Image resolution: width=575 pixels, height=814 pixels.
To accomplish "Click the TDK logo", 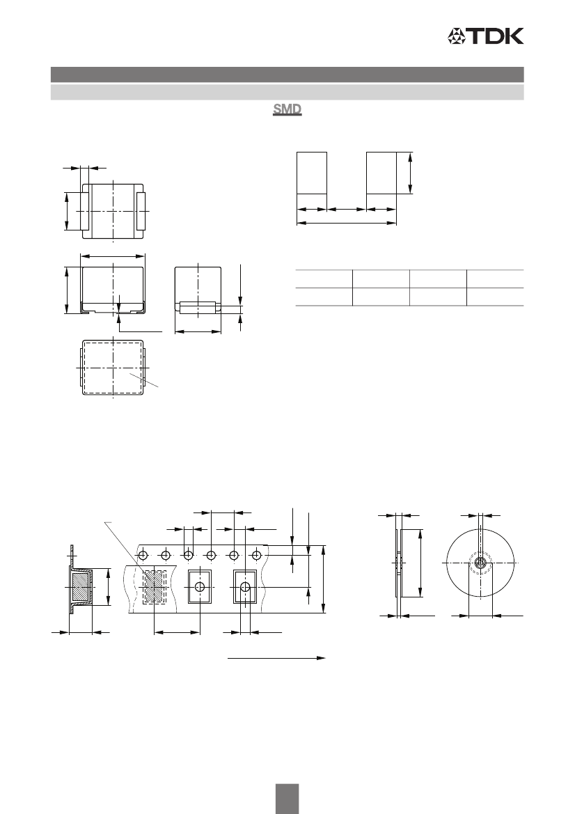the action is pyautogui.click(x=486, y=36).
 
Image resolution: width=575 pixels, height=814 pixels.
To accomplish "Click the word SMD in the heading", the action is pyautogui.click(x=287, y=110).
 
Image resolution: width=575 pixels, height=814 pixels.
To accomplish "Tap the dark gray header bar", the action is pyautogui.click(x=287, y=75).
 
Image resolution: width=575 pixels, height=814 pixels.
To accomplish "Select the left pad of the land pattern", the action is pyautogui.click(x=312, y=173).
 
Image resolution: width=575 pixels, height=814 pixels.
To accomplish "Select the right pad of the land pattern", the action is pyautogui.click(x=381, y=173).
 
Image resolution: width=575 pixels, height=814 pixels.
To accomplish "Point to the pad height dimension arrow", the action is pyautogui.click(x=411, y=173).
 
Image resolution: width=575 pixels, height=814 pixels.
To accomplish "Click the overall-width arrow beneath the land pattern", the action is pyautogui.click(x=347, y=224).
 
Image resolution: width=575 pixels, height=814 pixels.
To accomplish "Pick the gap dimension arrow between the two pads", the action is pyautogui.click(x=347, y=209).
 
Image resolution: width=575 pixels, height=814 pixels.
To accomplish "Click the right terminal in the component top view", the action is pyautogui.click(x=141, y=211).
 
